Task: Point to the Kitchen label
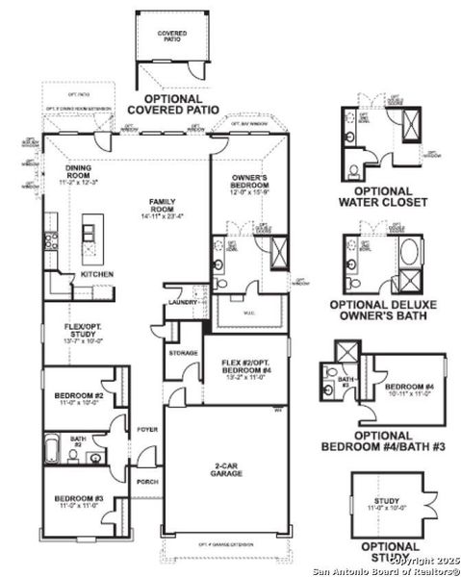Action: click(x=96, y=274)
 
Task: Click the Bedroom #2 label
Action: click(x=76, y=397)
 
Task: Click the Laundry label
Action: click(x=182, y=303)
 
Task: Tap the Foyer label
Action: click(x=146, y=429)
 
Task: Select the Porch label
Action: click(x=146, y=482)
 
